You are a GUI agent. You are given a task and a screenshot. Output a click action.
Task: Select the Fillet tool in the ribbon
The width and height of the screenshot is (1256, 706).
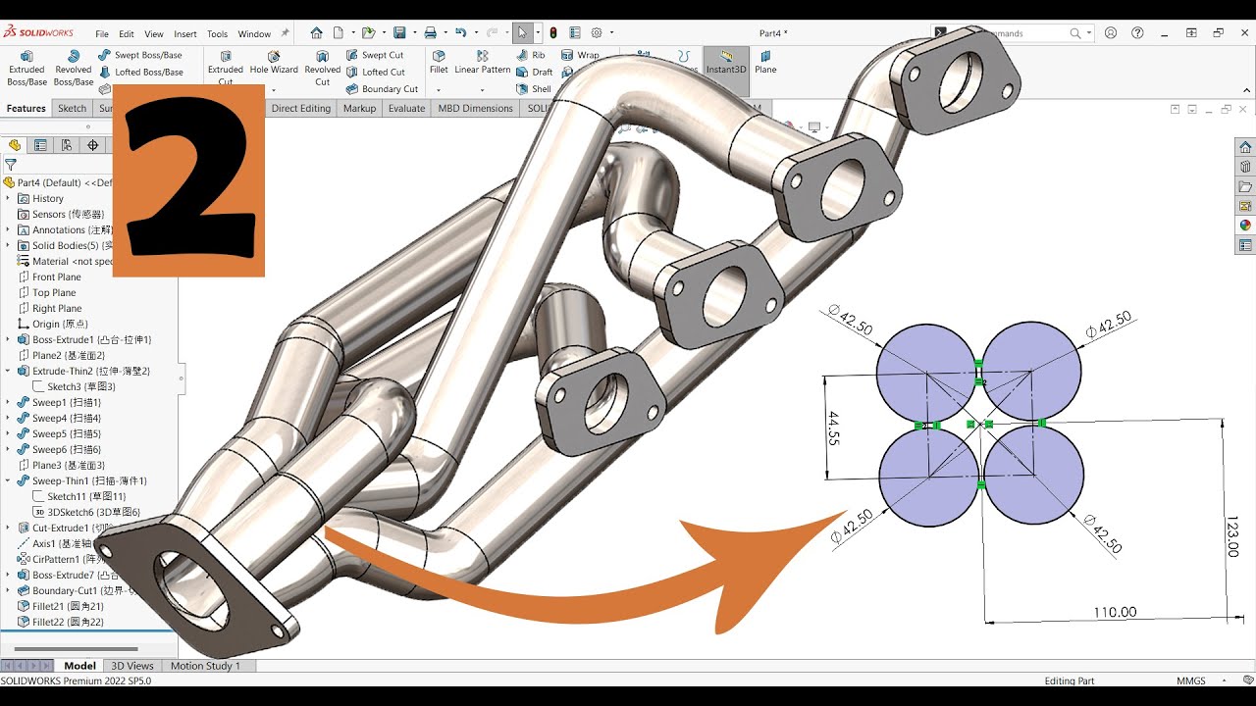coord(439,61)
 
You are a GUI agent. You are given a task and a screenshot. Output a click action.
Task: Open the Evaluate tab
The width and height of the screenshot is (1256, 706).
coord(406,108)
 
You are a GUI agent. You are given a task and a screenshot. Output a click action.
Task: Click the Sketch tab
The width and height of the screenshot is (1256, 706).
coord(72,108)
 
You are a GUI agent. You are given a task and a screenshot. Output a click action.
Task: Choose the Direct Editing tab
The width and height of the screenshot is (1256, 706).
coord(300,108)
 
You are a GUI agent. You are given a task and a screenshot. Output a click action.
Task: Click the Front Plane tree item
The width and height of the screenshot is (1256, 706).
coord(56,277)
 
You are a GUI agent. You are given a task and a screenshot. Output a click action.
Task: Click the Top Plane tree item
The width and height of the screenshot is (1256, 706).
coord(54,292)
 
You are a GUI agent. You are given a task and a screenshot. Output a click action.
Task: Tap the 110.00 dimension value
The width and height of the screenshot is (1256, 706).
coord(1115,612)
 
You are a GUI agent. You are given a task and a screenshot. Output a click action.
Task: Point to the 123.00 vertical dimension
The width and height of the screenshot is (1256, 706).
coord(1233,536)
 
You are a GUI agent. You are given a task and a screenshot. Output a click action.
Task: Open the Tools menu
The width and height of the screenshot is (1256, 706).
coord(217,33)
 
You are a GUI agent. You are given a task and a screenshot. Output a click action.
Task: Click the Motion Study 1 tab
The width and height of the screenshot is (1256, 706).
coord(205,666)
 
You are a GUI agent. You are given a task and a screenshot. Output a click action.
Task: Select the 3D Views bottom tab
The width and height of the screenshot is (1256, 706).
coord(132,666)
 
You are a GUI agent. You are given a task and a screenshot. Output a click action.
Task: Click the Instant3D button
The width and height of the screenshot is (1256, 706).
coord(726,61)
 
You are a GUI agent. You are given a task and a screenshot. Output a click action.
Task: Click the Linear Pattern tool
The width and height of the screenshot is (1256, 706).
coord(482,61)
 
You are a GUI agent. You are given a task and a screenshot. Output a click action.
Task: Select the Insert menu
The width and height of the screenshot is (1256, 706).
coord(184,33)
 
